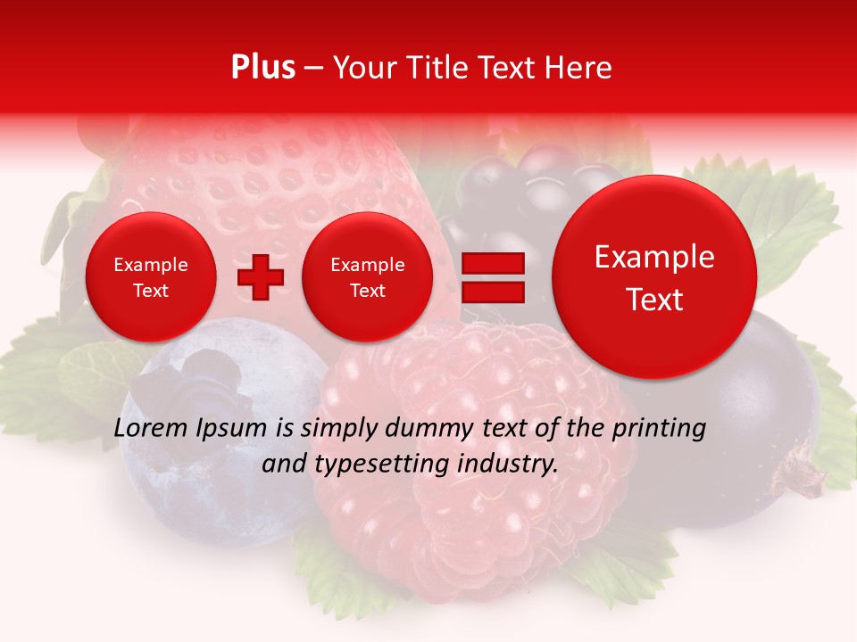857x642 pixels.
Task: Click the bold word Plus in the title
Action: pyautogui.click(x=262, y=68)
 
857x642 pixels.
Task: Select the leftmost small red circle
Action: pyautogui.click(x=150, y=277)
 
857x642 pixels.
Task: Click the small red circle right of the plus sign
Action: pyautogui.click(x=367, y=277)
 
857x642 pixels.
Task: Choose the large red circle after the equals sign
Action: pyautogui.click(x=654, y=277)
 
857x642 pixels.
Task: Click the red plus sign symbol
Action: pyautogui.click(x=260, y=277)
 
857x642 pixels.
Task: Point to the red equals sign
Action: pyautogui.click(x=492, y=277)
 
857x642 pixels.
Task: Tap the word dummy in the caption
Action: pyautogui.click(x=428, y=429)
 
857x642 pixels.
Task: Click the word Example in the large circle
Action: pyautogui.click(x=654, y=258)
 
